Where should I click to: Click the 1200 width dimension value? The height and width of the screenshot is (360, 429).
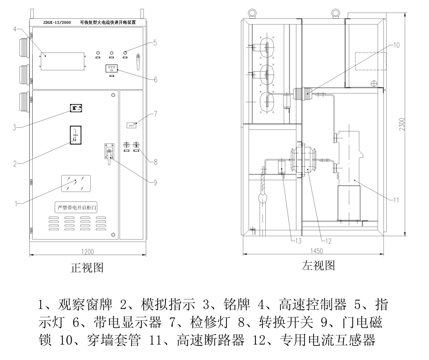88,252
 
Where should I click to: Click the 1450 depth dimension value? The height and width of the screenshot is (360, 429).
316,251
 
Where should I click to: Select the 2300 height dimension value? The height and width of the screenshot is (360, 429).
402,124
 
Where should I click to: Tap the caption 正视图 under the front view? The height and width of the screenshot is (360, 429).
87,268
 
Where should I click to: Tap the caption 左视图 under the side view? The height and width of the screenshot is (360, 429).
318,265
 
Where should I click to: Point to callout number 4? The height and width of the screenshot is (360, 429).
15,29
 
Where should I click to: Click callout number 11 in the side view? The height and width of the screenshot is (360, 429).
396,200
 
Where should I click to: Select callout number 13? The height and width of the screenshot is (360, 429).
299,241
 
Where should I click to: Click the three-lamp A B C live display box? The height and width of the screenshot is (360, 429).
112,68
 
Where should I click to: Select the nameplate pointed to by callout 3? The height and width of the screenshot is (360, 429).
76,108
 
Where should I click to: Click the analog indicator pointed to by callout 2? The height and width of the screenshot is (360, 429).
76,135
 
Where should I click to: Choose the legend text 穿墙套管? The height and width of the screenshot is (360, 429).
114,340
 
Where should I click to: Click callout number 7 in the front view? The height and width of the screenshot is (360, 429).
156,114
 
